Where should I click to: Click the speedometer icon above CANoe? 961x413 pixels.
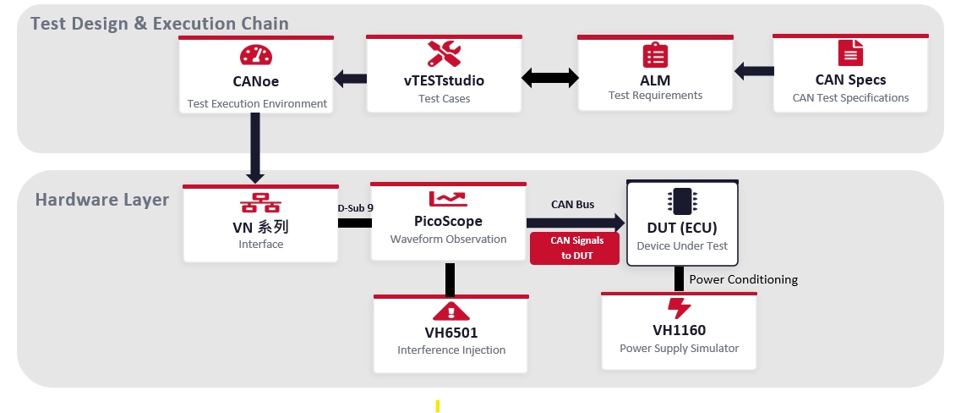point(256,56)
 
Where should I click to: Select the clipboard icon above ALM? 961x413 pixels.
point(655,55)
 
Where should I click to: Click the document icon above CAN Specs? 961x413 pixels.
point(850,53)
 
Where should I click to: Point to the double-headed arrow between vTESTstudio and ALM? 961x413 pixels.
point(549,79)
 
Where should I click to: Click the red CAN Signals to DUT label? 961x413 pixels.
point(575,248)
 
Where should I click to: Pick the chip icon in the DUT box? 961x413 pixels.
point(681,201)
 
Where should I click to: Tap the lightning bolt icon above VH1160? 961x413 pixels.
point(679,307)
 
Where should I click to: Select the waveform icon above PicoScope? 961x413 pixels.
point(448,199)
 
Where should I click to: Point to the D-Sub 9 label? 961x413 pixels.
point(355,207)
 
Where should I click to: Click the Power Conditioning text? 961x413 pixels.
point(744,279)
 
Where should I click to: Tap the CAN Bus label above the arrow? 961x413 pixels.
point(572,205)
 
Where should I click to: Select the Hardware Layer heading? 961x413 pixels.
point(102,200)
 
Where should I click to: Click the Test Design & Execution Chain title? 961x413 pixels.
point(160,24)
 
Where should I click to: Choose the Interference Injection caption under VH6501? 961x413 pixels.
point(451,350)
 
